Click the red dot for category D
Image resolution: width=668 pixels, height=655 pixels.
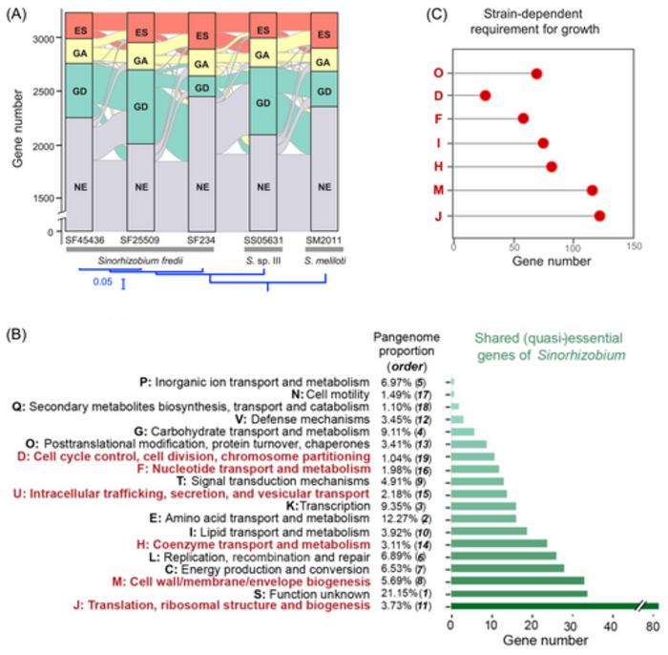pos(485,95)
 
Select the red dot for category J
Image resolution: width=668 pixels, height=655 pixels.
pos(599,216)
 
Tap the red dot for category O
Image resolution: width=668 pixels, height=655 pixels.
pos(536,74)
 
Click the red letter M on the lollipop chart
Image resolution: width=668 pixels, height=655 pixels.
pos(437,192)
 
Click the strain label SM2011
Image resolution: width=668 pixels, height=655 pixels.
pos(324,238)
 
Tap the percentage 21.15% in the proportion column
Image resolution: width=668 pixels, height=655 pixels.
pos(394,593)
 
